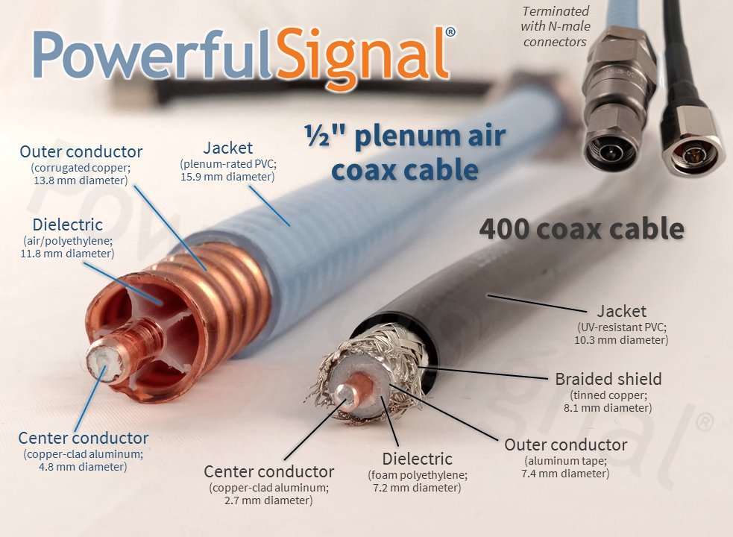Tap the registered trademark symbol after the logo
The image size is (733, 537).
450,32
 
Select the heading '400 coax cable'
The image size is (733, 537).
581,228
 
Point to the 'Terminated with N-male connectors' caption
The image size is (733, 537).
555,26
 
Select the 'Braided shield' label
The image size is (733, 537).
608,378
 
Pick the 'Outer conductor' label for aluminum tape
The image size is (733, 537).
565,445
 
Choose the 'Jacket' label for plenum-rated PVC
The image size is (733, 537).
227,148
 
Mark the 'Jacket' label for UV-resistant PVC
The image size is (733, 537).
622,310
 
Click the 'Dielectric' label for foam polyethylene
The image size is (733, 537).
417,458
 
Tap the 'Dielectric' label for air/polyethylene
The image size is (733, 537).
67,224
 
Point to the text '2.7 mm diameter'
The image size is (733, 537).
268,500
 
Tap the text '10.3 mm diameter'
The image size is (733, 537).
622,340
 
